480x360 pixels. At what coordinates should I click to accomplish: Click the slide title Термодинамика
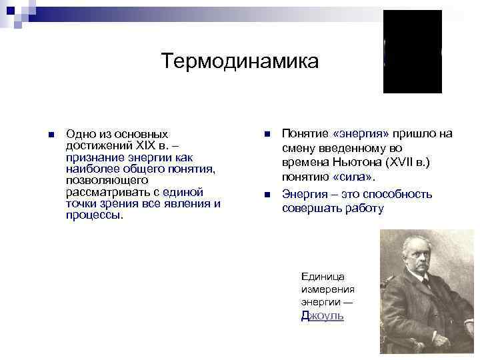[x=240, y=61]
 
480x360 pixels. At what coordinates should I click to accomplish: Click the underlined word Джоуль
[x=322, y=316]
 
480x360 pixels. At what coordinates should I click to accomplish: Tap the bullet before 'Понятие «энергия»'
[x=267, y=134]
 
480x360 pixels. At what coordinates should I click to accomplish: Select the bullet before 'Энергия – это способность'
[x=267, y=195]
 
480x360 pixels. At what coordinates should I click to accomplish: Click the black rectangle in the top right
[x=412, y=51]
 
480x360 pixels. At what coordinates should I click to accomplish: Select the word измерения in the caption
[x=327, y=289]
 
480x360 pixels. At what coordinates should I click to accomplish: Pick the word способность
[x=395, y=194]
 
